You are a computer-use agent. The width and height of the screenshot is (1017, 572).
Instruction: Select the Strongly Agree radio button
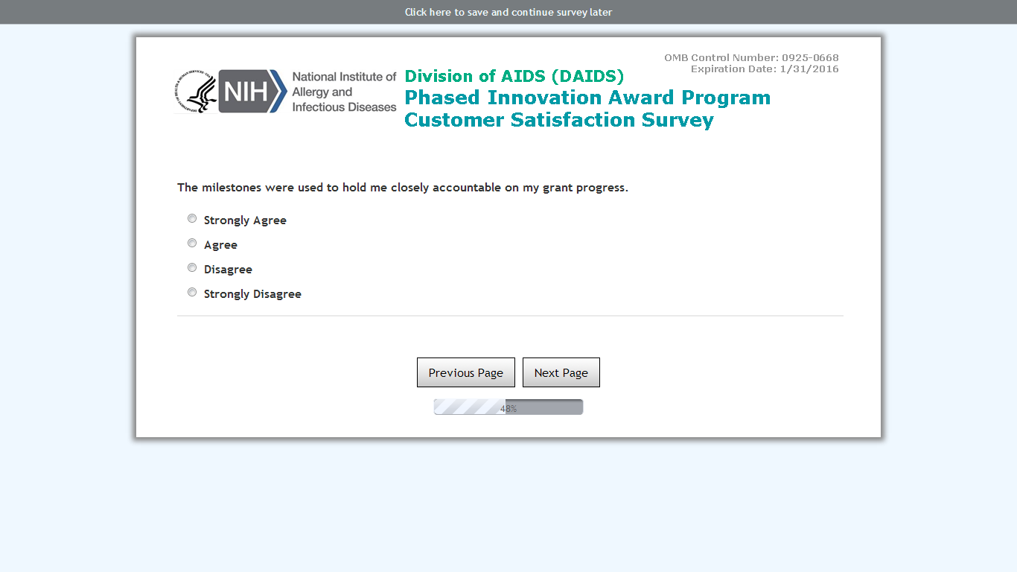[192, 219]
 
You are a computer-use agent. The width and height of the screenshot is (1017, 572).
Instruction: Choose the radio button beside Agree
[192, 244]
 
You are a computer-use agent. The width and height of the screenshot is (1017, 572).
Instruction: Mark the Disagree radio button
[192, 268]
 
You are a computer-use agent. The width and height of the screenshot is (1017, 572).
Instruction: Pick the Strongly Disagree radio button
[192, 293]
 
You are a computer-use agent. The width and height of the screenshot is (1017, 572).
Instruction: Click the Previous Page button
[466, 372]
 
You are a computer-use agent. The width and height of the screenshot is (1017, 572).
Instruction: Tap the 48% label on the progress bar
[508, 409]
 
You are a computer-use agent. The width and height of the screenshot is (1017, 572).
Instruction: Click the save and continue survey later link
[508, 12]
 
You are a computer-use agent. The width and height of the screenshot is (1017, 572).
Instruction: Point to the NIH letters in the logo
[246, 92]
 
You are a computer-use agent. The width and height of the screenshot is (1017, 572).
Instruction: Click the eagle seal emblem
[196, 92]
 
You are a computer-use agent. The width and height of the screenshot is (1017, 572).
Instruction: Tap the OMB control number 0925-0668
[810, 58]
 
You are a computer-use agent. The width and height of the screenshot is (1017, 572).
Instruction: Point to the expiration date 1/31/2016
[809, 69]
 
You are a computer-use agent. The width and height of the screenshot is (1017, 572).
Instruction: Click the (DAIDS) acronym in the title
[588, 76]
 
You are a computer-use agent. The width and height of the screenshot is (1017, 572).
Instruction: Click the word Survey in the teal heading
[678, 121]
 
